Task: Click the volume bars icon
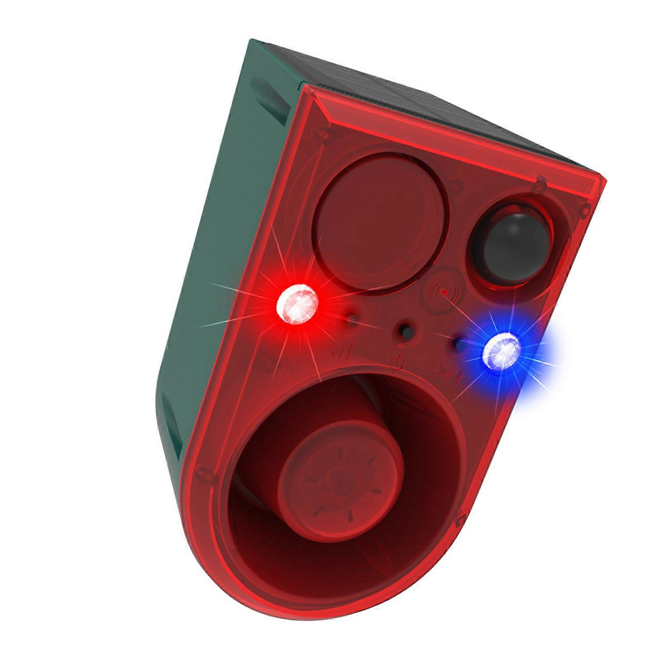coord(341,352)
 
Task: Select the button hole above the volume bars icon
coord(352,320)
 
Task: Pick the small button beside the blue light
coord(458,343)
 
